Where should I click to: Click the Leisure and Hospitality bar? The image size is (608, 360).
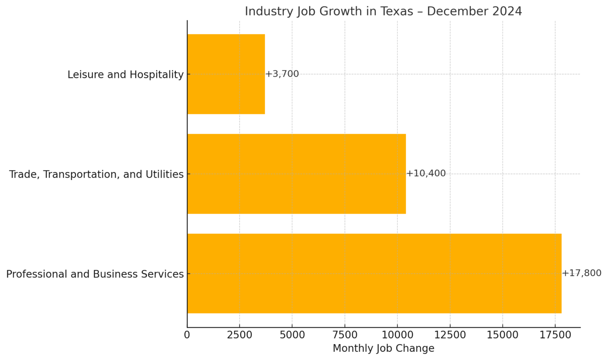(226, 74)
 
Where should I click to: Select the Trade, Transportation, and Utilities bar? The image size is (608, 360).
(296, 174)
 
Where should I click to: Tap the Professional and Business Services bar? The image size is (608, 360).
(374, 273)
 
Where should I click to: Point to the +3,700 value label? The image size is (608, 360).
(282, 74)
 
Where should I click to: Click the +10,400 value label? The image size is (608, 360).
(426, 173)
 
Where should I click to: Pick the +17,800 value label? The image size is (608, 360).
(582, 273)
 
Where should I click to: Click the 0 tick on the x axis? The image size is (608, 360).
(187, 335)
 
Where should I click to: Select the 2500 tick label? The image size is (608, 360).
(239, 335)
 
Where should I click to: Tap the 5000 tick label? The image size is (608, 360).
(292, 335)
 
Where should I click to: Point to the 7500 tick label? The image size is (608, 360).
(345, 335)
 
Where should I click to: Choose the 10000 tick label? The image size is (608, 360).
(397, 335)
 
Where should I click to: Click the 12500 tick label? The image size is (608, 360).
(450, 335)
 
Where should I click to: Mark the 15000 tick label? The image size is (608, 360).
(503, 335)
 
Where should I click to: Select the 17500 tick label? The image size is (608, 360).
(555, 335)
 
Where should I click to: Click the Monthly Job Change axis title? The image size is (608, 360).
(383, 349)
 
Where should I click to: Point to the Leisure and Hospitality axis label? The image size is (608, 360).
(125, 74)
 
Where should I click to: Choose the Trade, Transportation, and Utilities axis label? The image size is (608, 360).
(96, 174)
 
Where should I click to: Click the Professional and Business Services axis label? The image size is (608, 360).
(95, 274)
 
